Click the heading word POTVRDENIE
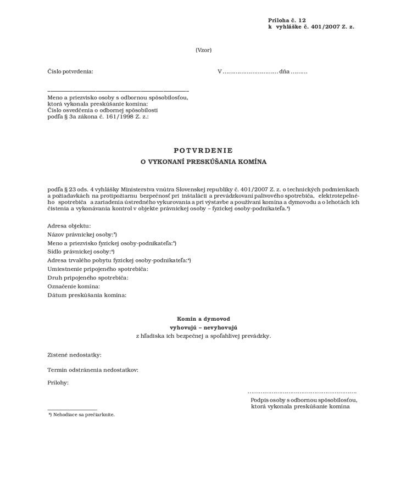203,150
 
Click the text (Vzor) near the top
203,50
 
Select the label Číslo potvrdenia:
70,71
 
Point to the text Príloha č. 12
287,20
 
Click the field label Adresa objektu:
69,226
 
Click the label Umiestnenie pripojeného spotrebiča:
98,269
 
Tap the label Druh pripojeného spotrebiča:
88,278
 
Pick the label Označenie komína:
74,286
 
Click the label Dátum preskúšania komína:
87,295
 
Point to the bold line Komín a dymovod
203,319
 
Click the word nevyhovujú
220,327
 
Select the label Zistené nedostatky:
74,355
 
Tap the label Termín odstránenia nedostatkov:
93,370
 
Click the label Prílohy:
58,383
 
